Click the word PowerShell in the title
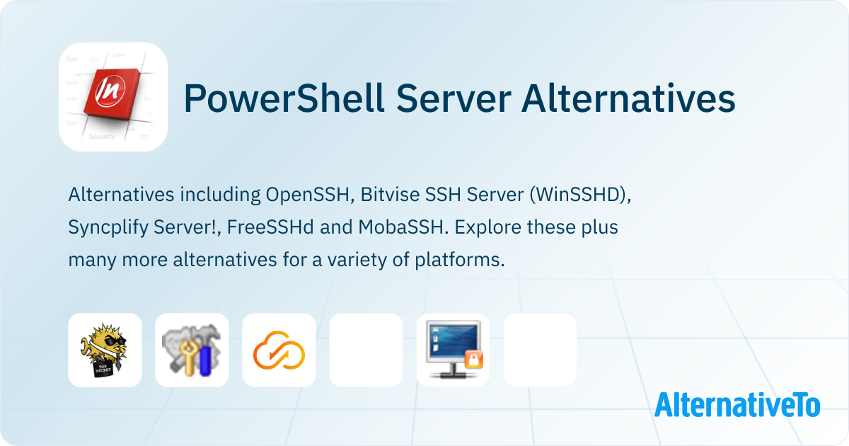(x=284, y=98)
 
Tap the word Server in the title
(x=454, y=98)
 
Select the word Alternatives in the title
(x=628, y=98)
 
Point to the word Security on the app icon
(x=102, y=136)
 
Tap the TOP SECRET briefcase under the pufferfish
(x=103, y=369)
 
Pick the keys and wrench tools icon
(x=192, y=350)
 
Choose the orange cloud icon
(x=279, y=350)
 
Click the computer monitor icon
(x=454, y=350)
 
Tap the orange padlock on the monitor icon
(x=474, y=359)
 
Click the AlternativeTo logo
(x=737, y=404)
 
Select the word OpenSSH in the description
(x=307, y=195)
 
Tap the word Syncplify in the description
(x=108, y=227)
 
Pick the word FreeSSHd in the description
(x=270, y=227)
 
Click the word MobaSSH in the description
(x=400, y=227)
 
